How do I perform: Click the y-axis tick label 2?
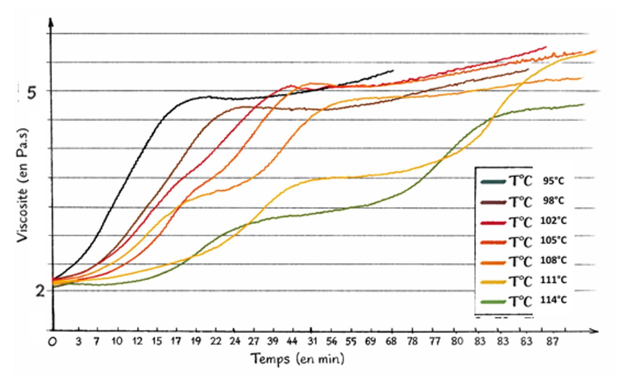40,290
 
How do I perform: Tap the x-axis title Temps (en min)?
297,358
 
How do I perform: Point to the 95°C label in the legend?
553,181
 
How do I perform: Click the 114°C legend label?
553,300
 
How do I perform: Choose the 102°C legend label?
553,221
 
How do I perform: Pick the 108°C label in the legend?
553,260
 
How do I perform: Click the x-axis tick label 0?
52,342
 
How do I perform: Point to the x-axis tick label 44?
291,341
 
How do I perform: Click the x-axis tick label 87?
552,341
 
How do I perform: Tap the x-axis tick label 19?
196,341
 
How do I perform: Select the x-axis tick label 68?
391,341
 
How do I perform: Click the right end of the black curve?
393,71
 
